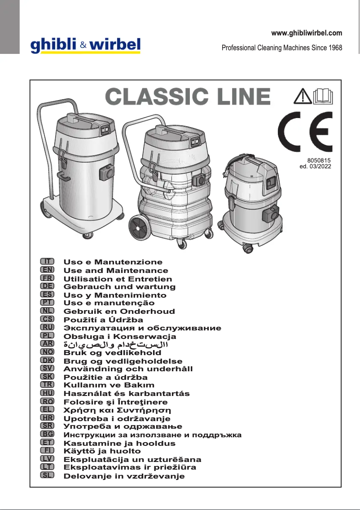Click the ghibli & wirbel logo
85,45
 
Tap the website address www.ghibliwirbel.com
307,33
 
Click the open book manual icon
322,96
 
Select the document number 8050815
319,160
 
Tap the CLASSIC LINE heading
188,97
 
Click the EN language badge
47,269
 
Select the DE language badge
47,286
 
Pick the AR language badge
47,344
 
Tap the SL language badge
47,475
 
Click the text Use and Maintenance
116,271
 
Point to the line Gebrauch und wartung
119,286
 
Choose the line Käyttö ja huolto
102,451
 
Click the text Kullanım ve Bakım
109,385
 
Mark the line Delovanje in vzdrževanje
124,476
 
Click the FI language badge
47,450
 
